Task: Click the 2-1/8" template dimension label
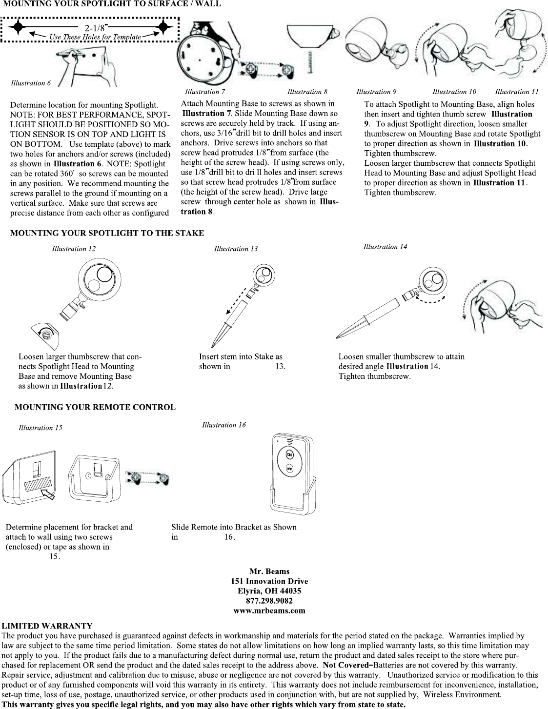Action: coord(96,28)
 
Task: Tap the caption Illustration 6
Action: coord(31,83)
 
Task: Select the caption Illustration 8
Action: coord(307,92)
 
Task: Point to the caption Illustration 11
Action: coord(517,92)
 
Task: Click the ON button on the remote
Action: coord(289,454)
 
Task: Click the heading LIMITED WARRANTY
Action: coord(47,626)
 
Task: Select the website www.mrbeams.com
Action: coord(269,611)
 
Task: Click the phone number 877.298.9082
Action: coord(269,601)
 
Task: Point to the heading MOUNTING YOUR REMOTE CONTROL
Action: coord(95,407)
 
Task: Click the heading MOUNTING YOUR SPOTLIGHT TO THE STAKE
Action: coord(107,233)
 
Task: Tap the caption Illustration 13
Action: coord(236,249)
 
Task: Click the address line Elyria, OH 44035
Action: coord(269,591)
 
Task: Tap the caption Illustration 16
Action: coord(224,425)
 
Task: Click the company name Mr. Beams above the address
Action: coord(269,571)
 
